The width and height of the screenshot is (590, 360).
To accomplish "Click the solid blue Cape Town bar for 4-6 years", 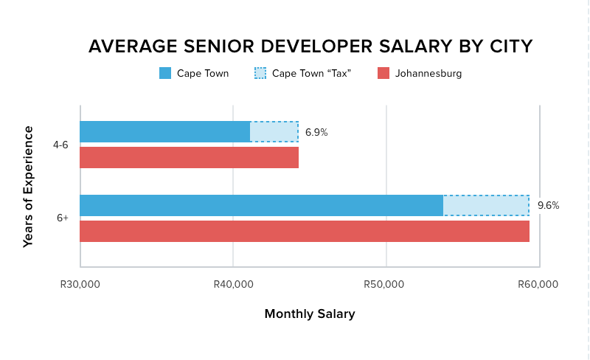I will (164, 131).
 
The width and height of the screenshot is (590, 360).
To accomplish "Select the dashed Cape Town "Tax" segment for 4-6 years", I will (274, 131).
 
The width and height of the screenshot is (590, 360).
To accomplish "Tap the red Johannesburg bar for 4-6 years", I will (189, 157).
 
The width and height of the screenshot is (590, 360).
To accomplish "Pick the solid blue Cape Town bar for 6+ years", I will (261, 205).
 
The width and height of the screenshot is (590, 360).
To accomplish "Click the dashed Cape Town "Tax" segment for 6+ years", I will (486, 205).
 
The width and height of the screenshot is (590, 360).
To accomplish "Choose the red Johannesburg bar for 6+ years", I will (305, 231).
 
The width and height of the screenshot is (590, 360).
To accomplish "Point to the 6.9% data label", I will (316, 133).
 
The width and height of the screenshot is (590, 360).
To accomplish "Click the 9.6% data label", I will (548, 206).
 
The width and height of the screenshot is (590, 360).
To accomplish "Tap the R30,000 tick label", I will (80, 285).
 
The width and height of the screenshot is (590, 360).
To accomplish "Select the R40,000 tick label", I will (233, 285).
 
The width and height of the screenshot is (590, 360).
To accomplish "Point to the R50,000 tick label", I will (386, 285).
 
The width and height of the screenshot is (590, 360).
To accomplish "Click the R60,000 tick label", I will (539, 285).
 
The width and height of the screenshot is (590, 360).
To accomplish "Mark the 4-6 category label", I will (60, 145).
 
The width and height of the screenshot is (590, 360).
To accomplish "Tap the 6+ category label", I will (63, 218).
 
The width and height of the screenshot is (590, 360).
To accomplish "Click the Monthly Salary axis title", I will (310, 314).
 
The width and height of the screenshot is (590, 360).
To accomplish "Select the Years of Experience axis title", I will (28, 187).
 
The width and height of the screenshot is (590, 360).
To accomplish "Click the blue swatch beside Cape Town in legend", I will (165, 73).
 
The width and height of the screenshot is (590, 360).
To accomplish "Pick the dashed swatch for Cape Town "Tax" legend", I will (260, 73).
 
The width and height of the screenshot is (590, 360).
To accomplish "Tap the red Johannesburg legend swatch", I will (383, 73).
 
